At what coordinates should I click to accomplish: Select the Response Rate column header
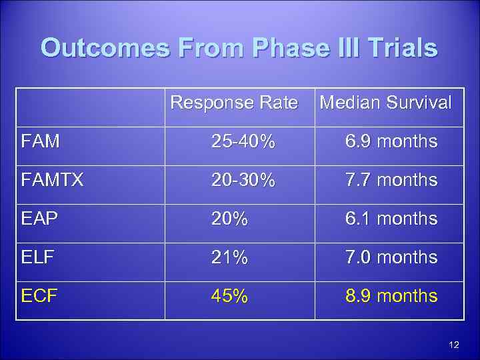(234, 103)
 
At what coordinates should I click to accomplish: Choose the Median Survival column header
(385, 103)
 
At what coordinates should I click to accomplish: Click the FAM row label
(40, 141)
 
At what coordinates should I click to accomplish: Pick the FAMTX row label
(52, 180)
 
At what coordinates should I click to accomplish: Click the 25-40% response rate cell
(243, 141)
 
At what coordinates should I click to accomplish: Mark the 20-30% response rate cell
(243, 180)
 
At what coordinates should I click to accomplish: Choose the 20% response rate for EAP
(229, 219)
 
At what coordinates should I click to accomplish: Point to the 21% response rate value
(229, 257)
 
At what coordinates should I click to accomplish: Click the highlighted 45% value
(229, 296)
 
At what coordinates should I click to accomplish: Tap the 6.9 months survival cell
(391, 141)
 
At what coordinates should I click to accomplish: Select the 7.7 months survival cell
(391, 180)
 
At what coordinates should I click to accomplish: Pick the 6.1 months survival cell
(391, 219)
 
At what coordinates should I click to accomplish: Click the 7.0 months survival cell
(391, 257)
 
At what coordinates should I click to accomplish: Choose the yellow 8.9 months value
(391, 296)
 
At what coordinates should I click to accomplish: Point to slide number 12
(455, 345)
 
